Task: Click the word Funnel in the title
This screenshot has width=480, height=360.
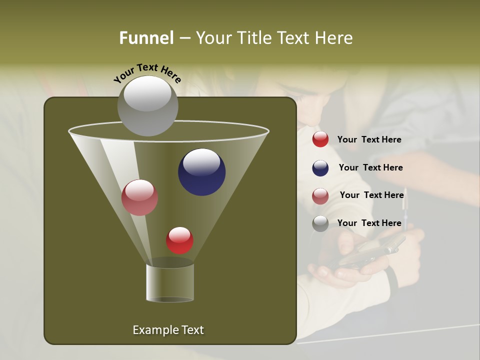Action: pyautogui.click(x=146, y=38)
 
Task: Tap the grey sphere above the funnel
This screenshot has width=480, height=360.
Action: pyautogui.click(x=147, y=105)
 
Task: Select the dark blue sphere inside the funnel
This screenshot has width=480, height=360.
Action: pyautogui.click(x=201, y=171)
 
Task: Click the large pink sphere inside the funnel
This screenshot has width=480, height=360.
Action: pyautogui.click(x=139, y=197)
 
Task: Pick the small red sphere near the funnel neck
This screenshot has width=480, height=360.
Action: pyautogui.click(x=179, y=240)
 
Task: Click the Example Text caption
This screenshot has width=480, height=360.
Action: pyautogui.click(x=168, y=330)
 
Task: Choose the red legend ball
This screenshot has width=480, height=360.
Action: pyautogui.click(x=320, y=139)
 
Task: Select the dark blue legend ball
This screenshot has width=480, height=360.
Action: pyautogui.click(x=320, y=168)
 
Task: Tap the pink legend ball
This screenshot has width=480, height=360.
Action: pyautogui.click(x=320, y=196)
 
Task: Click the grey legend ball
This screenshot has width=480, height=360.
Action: pyautogui.click(x=320, y=223)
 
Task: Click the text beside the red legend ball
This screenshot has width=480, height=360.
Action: pyautogui.click(x=369, y=139)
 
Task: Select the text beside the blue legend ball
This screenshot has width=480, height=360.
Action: pyautogui.click(x=370, y=167)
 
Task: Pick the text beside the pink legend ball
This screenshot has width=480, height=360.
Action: pyautogui.click(x=371, y=195)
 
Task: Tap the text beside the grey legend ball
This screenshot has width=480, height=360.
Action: pyautogui.click(x=369, y=223)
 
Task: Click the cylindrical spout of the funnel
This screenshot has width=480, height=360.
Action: pyautogui.click(x=170, y=282)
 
